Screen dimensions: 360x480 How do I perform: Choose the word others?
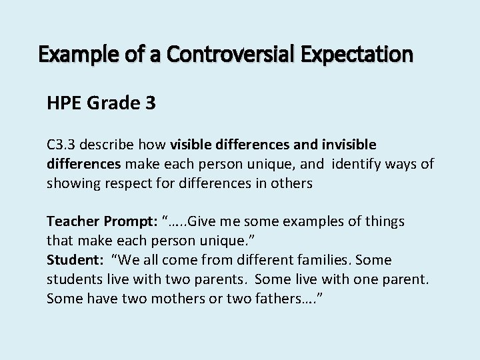coord(291,183)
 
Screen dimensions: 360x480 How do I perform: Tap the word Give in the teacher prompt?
coord(203,221)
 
